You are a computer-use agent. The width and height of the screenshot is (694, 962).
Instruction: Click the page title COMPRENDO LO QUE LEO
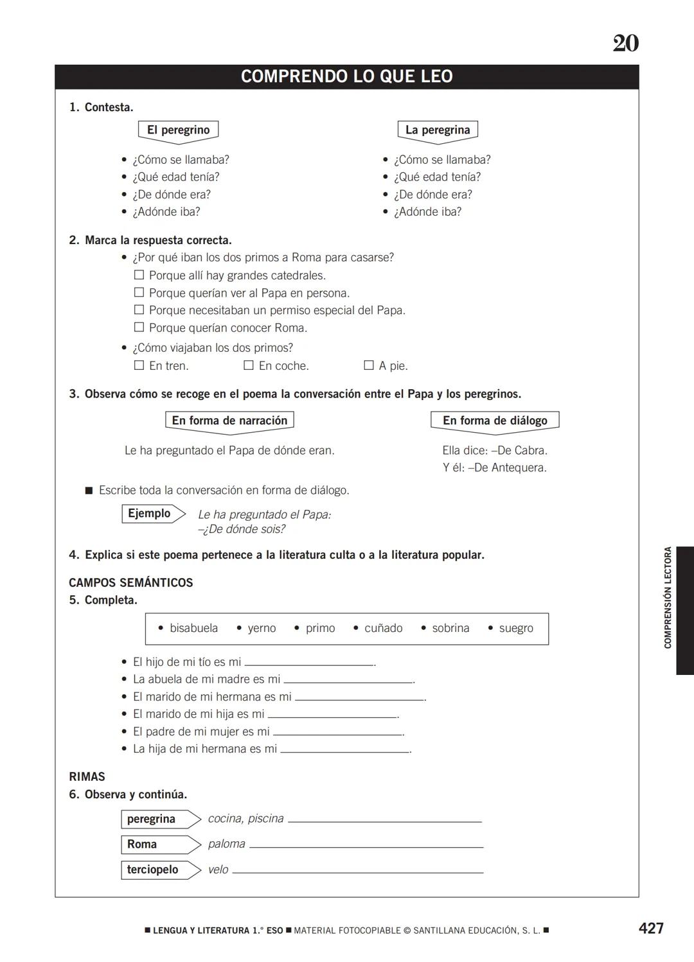pos(346,76)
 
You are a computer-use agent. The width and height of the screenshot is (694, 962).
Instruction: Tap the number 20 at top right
pos(625,44)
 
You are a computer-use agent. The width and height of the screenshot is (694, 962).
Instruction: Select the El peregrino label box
pos(178,130)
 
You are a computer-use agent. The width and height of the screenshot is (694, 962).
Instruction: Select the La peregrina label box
pos(438,130)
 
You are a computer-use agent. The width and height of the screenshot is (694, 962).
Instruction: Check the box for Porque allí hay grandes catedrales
pos(139,275)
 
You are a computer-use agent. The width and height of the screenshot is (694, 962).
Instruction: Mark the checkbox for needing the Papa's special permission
pos(139,310)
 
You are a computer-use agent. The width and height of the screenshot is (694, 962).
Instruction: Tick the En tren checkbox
pos(139,365)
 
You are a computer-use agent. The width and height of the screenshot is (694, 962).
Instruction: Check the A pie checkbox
pos(369,365)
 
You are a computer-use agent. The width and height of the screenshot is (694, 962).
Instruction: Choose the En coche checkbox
pos(249,365)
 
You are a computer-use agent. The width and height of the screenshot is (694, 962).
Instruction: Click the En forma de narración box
pos(229,421)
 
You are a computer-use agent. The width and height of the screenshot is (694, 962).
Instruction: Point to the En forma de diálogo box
pos(495,421)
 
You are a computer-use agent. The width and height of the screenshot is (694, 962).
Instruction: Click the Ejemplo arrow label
pos(152,514)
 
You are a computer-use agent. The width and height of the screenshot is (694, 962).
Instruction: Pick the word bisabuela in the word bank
pos(193,628)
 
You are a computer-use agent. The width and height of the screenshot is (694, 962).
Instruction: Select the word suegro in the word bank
pos(516,628)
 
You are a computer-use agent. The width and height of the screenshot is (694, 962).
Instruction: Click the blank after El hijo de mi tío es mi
pos(309,662)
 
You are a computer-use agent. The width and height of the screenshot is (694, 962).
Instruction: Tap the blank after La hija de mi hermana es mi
pos(345,749)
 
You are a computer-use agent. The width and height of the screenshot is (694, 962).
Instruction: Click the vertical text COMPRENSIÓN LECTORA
pos(668,597)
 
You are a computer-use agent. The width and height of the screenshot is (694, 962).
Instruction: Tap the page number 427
pos(651,928)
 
